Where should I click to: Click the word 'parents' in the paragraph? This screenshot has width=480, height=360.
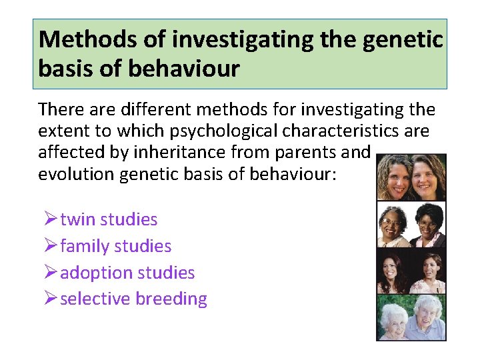click(x=302, y=151)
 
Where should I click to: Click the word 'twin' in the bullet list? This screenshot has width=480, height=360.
click(x=76, y=219)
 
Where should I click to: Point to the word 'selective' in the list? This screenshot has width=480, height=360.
click(x=95, y=299)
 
